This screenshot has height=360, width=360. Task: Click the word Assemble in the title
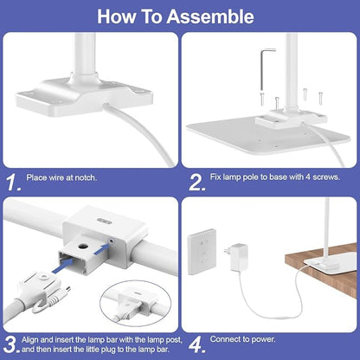point(210,16)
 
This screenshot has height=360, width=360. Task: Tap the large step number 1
point(13,183)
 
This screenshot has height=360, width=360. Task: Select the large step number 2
point(197,183)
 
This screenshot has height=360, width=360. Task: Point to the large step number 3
point(12,344)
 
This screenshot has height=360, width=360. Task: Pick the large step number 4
point(197,344)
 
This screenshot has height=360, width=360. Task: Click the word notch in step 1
point(86,177)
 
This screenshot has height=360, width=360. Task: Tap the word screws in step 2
point(326,177)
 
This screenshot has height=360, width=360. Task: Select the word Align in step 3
point(30,340)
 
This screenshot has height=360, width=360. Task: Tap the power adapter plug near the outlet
point(236,257)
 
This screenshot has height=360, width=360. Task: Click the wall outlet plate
point(202,252)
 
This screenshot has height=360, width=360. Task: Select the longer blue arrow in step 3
point(62,266)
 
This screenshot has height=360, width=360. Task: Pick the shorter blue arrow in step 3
point(102,249)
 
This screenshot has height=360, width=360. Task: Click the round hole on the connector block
point(84,247)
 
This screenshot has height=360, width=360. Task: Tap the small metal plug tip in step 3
point(67,289)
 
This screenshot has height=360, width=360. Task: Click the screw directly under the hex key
point(262,98)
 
